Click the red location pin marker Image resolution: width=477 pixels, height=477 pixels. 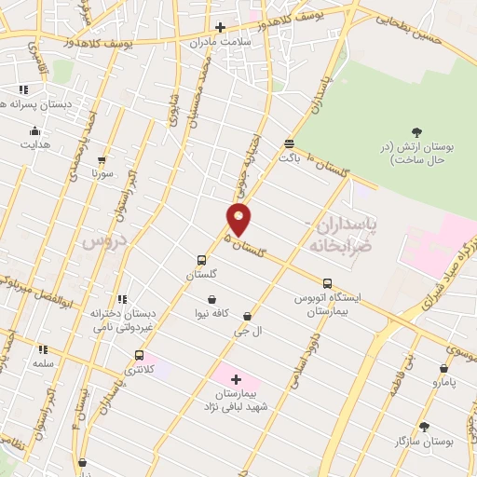239,219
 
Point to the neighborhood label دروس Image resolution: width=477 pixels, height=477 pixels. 102,240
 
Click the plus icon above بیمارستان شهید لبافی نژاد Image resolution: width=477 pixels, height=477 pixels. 235,379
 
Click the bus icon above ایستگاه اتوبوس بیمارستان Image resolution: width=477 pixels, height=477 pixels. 326,283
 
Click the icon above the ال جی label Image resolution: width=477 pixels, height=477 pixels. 247,317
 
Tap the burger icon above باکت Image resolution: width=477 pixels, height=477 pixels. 289,143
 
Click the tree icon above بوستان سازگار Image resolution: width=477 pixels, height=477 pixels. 425,426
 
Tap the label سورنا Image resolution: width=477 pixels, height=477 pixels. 102,173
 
